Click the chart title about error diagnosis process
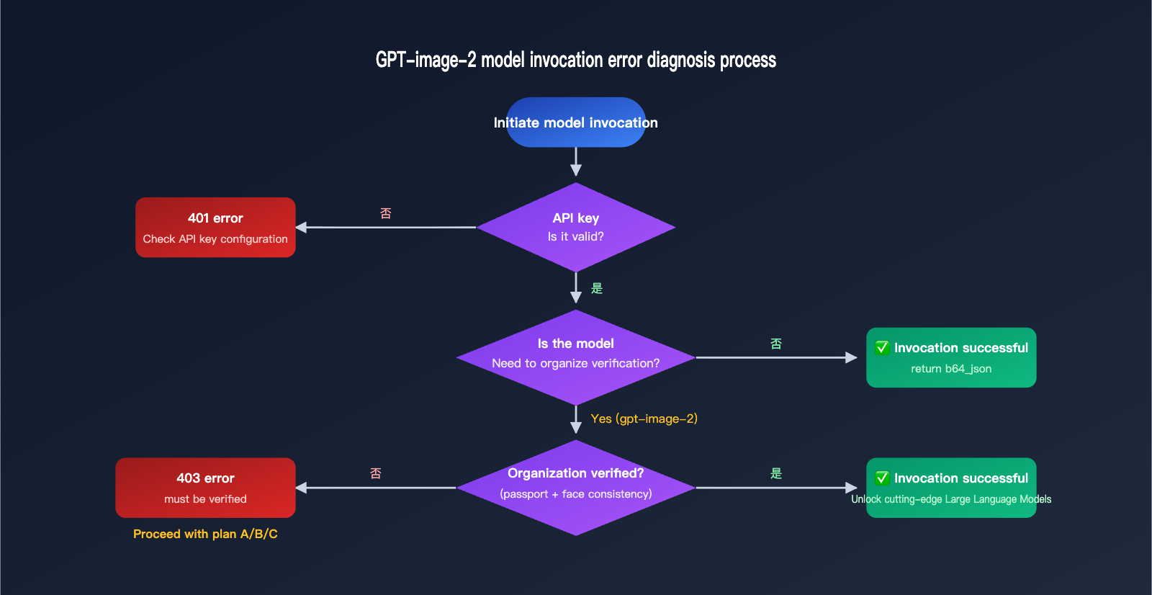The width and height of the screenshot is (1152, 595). click(x=575, y=60)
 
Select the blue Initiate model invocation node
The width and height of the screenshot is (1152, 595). click(x=575, y=122)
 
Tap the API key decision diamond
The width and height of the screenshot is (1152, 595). click(x=575, y=227)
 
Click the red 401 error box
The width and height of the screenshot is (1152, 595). click(x=215, y=227)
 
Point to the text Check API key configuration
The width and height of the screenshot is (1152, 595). click(x=215, y=239)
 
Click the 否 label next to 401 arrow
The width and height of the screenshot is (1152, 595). click(x=386, y=213)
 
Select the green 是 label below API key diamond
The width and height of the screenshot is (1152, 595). click(x=597, y=288)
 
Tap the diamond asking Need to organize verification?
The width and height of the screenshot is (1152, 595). click(x=575, y=357)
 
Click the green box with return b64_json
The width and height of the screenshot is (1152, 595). click(x=951, y=358)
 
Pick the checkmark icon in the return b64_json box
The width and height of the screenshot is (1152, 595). click(x=882, y=348)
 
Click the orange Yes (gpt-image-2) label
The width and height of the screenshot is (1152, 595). click(x=644, y=419)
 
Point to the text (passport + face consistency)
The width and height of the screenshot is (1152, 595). click(x=575, y=494)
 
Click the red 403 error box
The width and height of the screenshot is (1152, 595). click(x=205, y=487)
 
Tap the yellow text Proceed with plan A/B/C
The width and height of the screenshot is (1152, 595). click(x=205, y=534)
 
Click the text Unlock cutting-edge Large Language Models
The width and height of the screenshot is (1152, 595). click(x=951, y=499)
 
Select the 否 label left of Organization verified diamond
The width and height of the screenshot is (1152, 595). click(x=376, y=473)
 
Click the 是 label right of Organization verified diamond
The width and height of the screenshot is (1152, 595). click(x=776, y=473)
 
